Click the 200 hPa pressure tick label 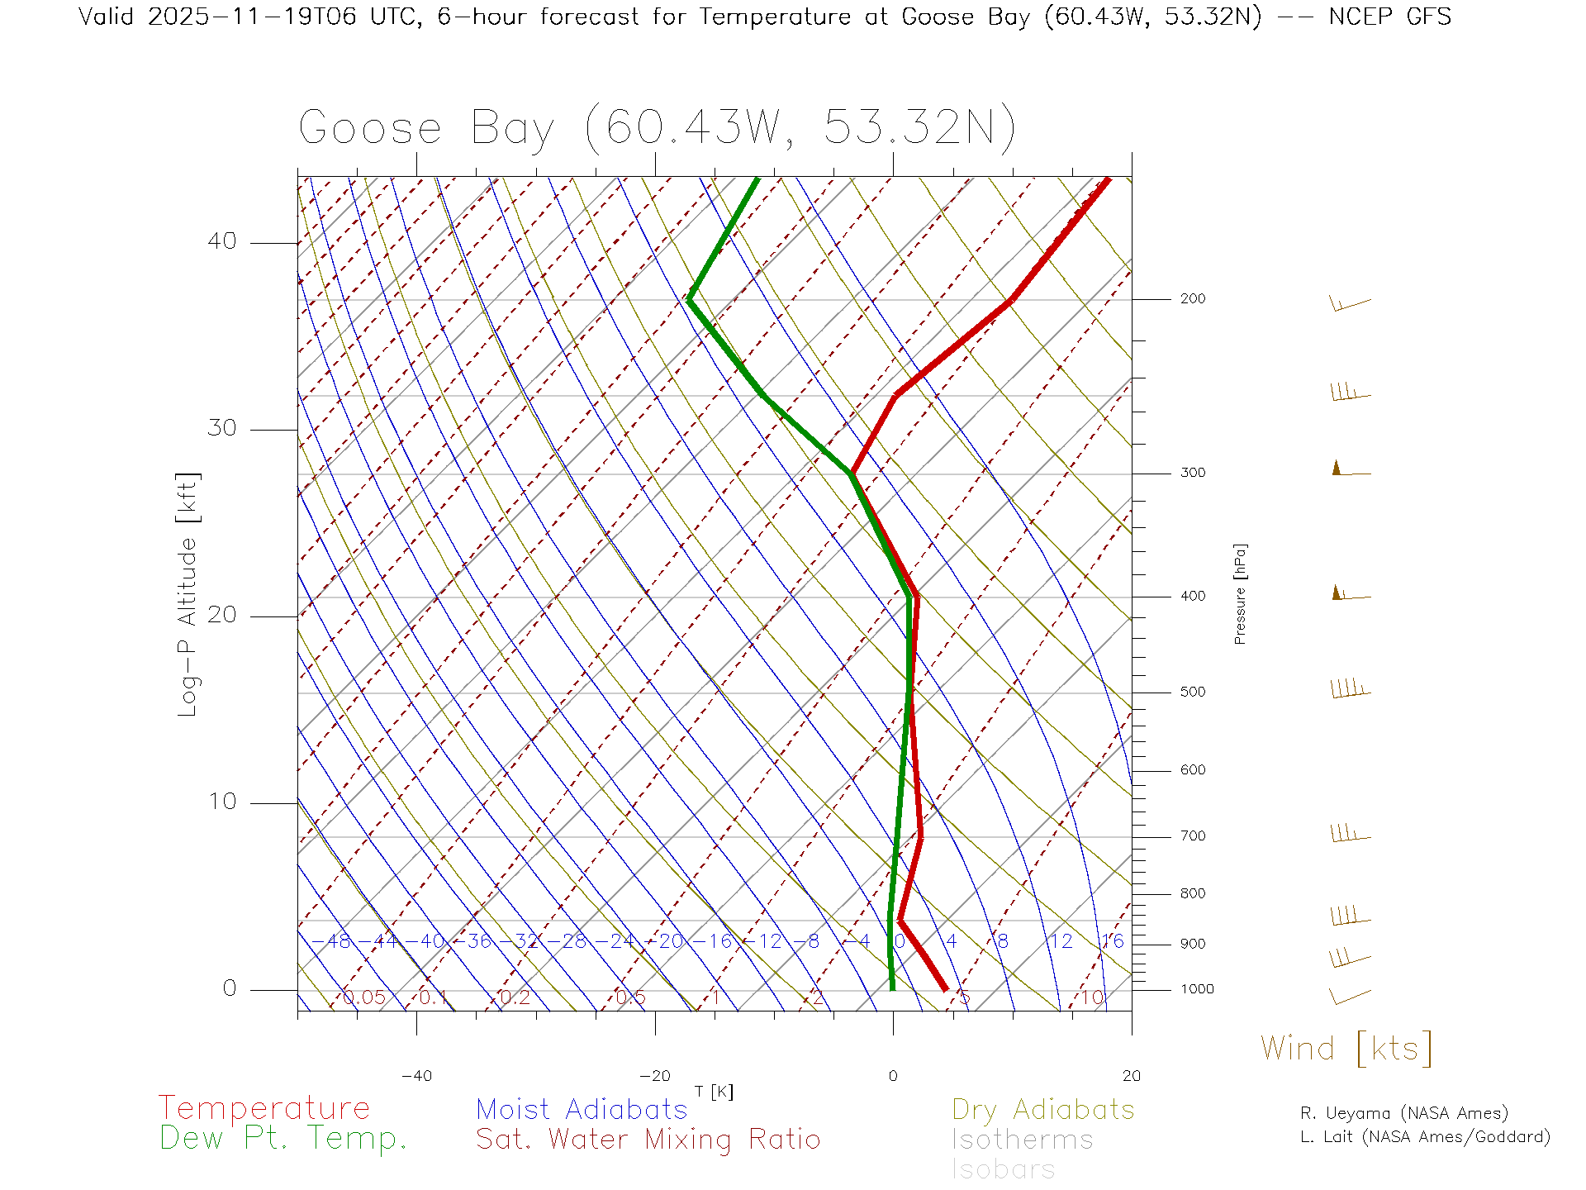tap(1192, 299)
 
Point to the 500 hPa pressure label tap(1192, 693)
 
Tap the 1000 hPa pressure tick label tap(1197, 989)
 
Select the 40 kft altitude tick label tap(221, 241)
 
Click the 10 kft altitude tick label tap(221, 802)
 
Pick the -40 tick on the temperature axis tap(416, 1076)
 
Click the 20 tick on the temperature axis tap(1131, 1076)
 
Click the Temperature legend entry tap(264, 1108)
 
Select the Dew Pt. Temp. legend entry tap(283, 1139)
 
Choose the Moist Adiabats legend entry tap(582, 1109)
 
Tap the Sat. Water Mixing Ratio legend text tap(648, 1140)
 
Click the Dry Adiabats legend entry tap(1042, 1109)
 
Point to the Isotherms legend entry tap(1022, 1140)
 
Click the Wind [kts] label tap(1346, 1049)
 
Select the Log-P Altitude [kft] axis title tap(188, 595)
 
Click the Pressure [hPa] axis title tap(1240, 593)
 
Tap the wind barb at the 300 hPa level tap(1350, 469)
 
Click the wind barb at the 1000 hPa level tap(1349, 996)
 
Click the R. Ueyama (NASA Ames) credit tap(1403, 1113)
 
